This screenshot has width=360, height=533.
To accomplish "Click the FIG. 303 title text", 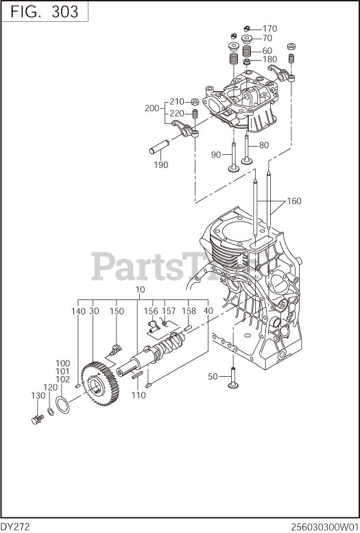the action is tap(45, 12).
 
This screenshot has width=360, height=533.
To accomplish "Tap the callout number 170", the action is tap(269, 29).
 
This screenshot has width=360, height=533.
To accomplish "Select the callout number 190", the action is tap(161, 165).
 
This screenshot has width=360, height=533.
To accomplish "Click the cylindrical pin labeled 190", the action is tap(160, 147).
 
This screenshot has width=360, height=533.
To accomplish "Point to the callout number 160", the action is tap(294, 201).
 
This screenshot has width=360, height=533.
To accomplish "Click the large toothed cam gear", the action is tap(99, 384).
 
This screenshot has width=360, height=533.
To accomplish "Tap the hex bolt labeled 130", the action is tap(37, 419).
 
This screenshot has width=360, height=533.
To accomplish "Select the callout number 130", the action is tap(38, 396).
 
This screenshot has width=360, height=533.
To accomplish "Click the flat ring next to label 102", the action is tap(62, 405).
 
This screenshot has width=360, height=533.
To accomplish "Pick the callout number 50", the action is tap(213, 377).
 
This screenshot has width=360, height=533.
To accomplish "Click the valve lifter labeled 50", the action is tap(232, 378).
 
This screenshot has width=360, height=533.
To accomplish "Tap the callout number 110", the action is tap(139, 395).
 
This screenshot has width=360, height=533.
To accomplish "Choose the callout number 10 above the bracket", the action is tap(140, 290).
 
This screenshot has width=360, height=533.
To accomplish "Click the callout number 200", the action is tap(152, 108).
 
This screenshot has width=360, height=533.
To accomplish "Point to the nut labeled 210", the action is tap(195, 101).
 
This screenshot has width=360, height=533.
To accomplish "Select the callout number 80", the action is tap(264, 145).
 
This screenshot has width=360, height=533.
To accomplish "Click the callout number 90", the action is tap(216, 155).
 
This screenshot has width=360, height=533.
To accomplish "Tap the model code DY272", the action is tap(15, 528).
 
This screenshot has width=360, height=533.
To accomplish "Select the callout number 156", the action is tap(151, 311).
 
